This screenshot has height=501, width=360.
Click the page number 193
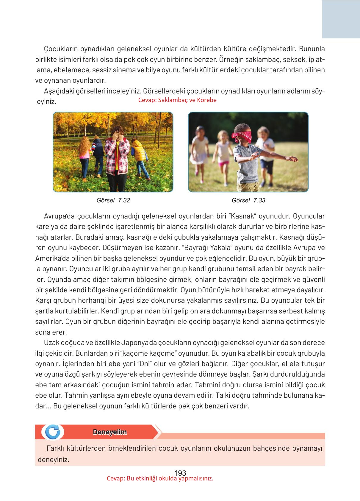pos(180,473)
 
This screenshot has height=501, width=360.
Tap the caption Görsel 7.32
pos(113,200)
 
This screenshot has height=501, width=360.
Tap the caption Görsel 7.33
pos(248,200)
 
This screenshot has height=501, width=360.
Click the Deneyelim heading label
pos(110,432)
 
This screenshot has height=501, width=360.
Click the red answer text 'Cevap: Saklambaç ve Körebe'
pos(177,100)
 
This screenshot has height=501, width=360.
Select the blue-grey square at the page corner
pos(341,19)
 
